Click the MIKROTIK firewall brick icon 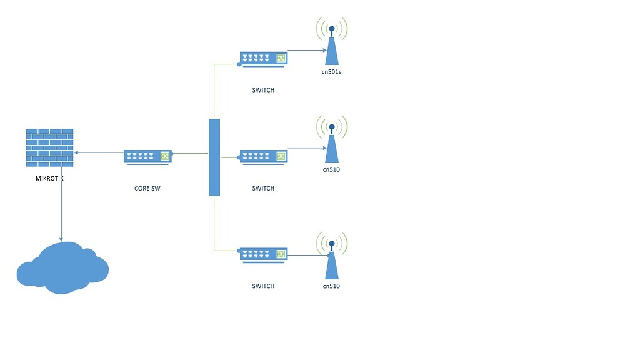(x=50, y=147)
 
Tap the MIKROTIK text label (x=50, y=178)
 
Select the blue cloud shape (x=62, y=269)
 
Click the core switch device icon (x=147, y=156)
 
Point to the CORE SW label (x=151, y=188)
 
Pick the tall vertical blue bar (x=214, y=157)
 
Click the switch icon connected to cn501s (x=264, y=59)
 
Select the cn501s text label (x=332, y=72)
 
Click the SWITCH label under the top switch (x=263, y=90)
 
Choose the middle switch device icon (x=264, y=157)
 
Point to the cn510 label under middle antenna (x=331, y=170)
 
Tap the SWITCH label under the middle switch (x=263, y=188)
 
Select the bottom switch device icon (x=264, y=255)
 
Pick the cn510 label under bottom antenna (x=331, y=286)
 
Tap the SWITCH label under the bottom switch (x=263, y=286)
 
